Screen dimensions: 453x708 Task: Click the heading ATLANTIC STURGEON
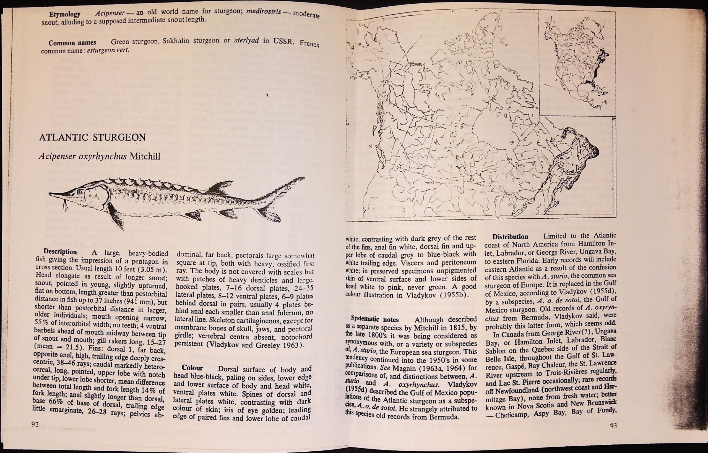(x=92, y=137)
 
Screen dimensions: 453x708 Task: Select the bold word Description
(x=60, y=252)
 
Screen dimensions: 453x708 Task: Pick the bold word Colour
(x=192, y=368)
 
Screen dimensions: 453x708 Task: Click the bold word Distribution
(x=510, y=237)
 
